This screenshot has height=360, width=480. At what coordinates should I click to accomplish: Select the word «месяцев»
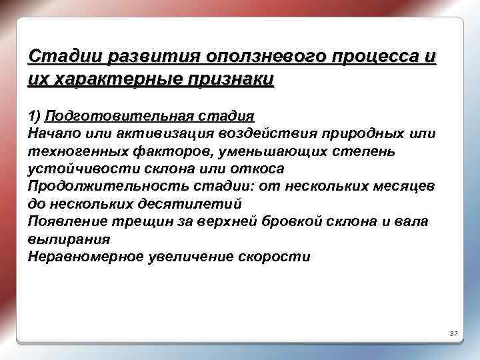click(405, 187)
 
